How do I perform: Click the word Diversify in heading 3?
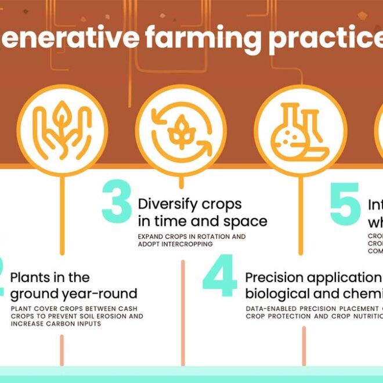tap(165, 204)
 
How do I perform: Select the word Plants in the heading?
tap(31, 277)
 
